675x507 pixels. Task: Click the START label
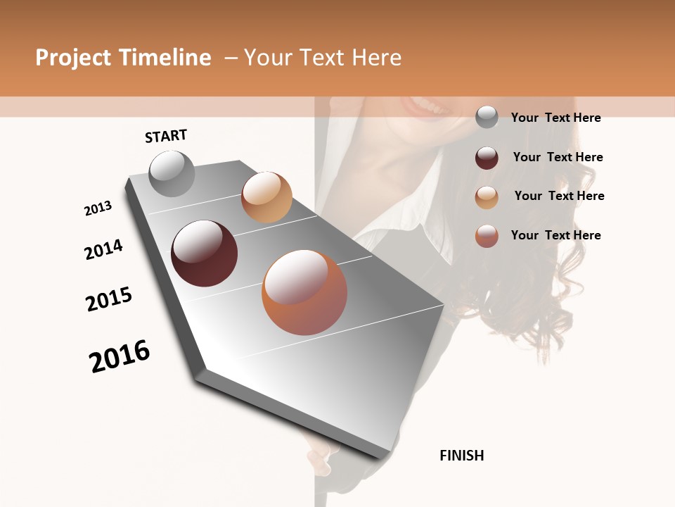pyautogui.click(x=166, y=135)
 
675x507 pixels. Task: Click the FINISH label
pyautogui.click(x=461, y=456)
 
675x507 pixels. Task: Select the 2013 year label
pyautogui.click(x=98, y=208)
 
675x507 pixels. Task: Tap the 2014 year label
pyautogui.click(x=103, y=249)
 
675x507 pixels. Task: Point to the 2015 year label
pyautogui.click(x=109, y=299)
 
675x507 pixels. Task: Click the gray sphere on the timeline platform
pyautogui.click(x=172, y=173)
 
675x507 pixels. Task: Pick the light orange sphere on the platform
pyautogui.click(x=266, y=197)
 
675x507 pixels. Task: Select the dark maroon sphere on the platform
pyautogui.click(x=204, y=254)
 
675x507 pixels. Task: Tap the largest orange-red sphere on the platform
pyautogui.click(x=304, y=292)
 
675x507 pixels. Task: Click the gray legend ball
pyautogui.click(x=487, y=118)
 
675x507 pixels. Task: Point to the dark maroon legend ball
pyautogui.click(x=487, y=158)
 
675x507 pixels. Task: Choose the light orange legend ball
pyautogui.click(x=487, y=197)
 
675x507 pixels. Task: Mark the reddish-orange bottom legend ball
pyautogui.click(x=487, y=236)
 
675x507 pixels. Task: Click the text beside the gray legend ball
pyautogui.click(x=555, y=118)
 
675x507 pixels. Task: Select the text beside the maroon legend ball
pyautogui.click(x=558, y=157)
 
